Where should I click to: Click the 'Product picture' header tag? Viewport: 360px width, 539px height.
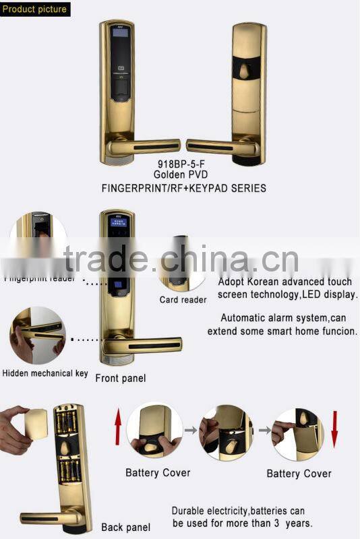pyautogui.click(x=35, y=9)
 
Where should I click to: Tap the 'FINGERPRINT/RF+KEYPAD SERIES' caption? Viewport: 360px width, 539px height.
pyautogui.click(x=183, y=189)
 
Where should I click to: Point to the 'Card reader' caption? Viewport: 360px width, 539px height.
pyautogui.click(x=183, y=300)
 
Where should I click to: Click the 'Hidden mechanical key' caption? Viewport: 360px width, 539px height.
pyautogui.click(x=45, y=373)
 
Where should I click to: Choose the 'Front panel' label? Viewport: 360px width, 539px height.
pyautogui.click(x=120, y=378)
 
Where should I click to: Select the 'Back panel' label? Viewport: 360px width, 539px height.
pyautogui.click(x=125, y=527)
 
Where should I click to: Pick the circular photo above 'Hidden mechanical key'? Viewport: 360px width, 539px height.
pyautogui.click(x=38, y=336)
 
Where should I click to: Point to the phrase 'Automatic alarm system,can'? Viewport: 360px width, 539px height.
pyautogui.click(x=282, y=318)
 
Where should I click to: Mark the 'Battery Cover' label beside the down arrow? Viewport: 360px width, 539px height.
pyautogui.click(x=299, y=474)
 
